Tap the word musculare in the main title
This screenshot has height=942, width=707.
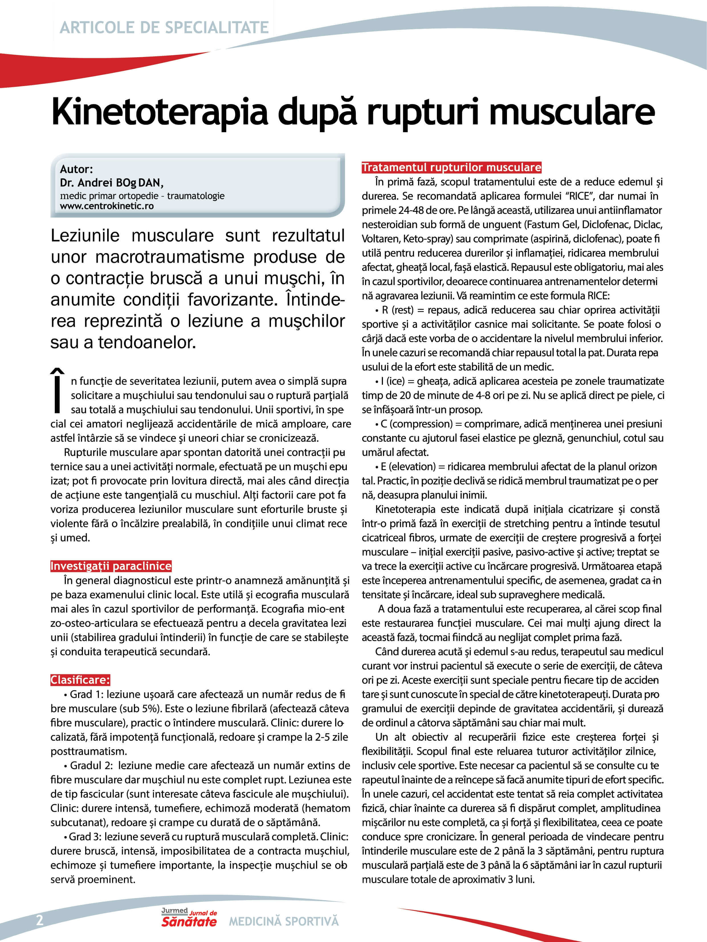point(571,112)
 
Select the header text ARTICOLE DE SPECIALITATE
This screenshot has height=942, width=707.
point(164,27)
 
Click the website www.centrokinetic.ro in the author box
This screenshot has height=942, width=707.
point(107,206)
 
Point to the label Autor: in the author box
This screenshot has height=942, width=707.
point(76,169)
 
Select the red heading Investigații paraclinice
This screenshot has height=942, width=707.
point(111,566)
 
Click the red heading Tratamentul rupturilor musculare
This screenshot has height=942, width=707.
point(451,167)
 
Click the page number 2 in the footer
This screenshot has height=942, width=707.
point(40,920)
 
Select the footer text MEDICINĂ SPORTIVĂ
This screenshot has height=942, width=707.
point(284,921)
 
